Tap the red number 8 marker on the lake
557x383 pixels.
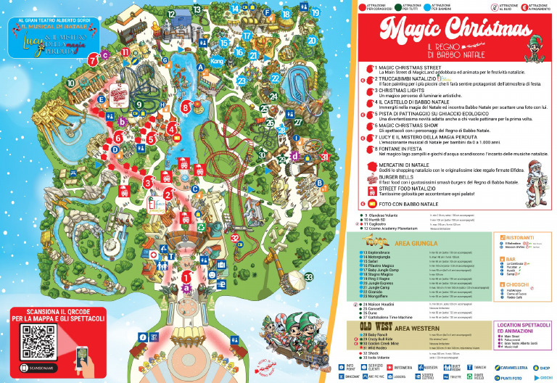point(186,107)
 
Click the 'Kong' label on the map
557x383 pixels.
point(215,62)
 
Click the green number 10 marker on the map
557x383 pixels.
point(71,83)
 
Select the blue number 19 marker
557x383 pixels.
point(315,12)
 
